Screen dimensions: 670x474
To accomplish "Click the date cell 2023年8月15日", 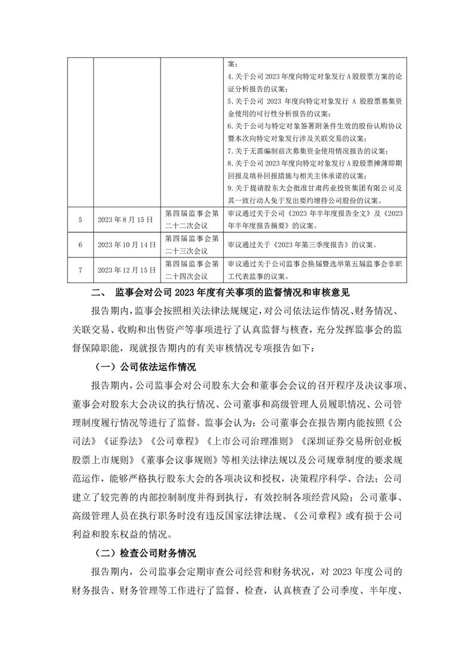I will click(126, 220).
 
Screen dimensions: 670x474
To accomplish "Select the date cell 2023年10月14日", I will click(126, 245).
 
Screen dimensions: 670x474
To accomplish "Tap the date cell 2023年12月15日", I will click(126, 270).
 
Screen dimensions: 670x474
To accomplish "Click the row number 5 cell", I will click(80, 220).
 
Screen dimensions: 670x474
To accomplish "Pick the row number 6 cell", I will click(80, 245).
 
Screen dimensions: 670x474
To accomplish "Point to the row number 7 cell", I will click(80, 270).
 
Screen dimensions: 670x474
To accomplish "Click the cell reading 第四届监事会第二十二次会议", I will click(192, 220).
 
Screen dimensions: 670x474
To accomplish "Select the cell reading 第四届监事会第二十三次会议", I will click(192, 245).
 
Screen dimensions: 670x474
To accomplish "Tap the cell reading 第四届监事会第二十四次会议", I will click(192, 270).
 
